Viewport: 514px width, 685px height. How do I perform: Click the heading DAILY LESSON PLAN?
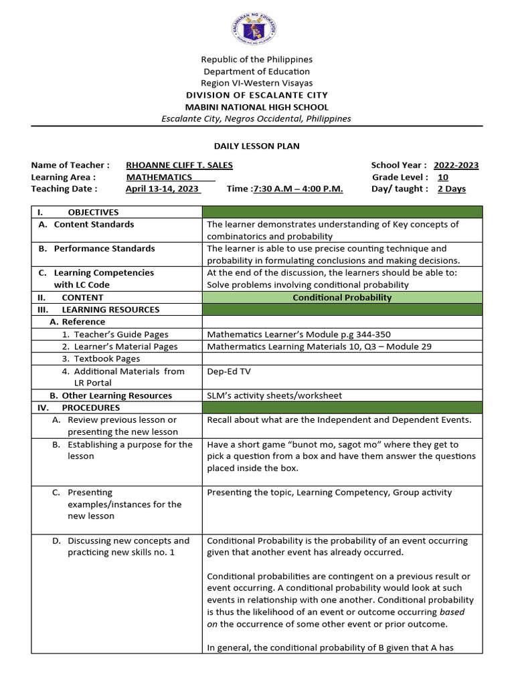point(257,146)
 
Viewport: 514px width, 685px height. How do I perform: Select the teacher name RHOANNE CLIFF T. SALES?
point(179,165)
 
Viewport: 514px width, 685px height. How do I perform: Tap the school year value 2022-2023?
point(456,165)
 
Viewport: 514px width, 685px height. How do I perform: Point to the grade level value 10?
point(443,177)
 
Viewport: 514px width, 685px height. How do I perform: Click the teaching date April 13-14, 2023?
point(163,189)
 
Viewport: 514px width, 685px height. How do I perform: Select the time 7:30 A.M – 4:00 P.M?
point(297,189)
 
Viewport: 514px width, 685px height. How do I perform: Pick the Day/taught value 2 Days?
point(451,189)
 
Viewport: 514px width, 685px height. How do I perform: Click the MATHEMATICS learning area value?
point(159,177)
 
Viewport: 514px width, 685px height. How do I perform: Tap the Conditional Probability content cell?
point(342,297)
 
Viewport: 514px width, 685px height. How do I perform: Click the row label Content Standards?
point(94,224)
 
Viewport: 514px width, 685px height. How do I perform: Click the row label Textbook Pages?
point(107,359)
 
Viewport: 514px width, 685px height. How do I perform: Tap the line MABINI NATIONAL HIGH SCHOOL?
point(257,107)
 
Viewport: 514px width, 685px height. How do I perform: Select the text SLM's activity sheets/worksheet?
point(274,395)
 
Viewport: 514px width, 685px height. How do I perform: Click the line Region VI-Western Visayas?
point(257,83)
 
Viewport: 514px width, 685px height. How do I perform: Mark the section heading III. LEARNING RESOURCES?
point(98,310)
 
